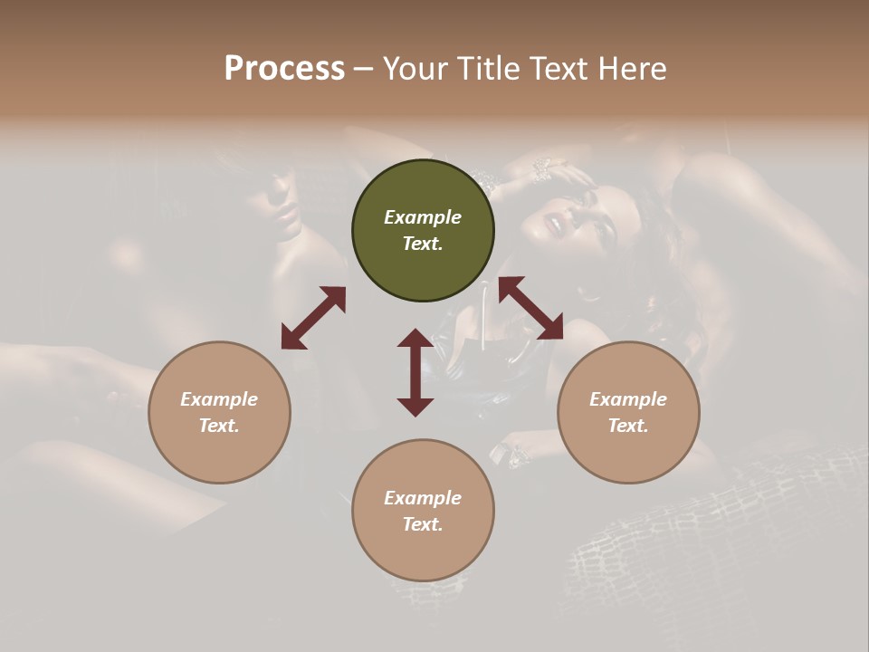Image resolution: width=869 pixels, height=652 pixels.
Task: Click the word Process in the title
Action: tap(284, 68)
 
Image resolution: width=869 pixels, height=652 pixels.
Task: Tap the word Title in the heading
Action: tap(487, 68)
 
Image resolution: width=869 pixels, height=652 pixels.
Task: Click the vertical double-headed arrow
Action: tap(415, 372)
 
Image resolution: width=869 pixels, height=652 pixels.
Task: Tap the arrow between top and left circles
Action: tap(313, 318)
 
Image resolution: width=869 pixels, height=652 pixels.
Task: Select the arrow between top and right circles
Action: tap(530, 308)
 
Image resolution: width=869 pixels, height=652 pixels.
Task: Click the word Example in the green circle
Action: tap(423, 217)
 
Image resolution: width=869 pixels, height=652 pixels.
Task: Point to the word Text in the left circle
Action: tap(219, 426)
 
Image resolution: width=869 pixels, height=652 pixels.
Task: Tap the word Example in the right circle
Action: tap(628, 399)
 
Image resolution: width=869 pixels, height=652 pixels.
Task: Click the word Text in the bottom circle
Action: tap(423, 524)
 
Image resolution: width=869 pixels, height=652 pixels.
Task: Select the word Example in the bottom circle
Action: tap(423, 498)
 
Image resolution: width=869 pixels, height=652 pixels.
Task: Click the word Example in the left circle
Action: tap(219, 399)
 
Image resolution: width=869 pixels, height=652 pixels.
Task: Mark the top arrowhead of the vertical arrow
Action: tap(415, 338)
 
